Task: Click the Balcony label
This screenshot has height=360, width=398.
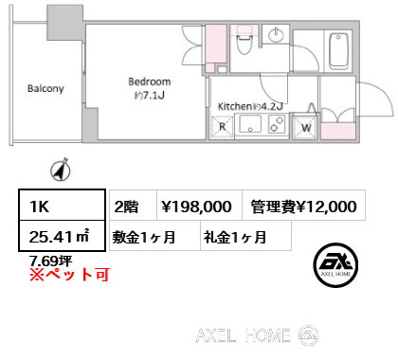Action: click(45, 89)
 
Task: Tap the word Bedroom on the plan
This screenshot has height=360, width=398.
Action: click(150, 82)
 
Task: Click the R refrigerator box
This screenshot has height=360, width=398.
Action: click(223, 125)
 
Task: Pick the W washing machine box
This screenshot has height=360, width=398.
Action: click(307, 126)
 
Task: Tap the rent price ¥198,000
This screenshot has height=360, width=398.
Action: click(195, 206)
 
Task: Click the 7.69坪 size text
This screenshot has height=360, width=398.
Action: click(48, 261)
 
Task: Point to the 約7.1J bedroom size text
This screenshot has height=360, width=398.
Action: click(150, 95)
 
